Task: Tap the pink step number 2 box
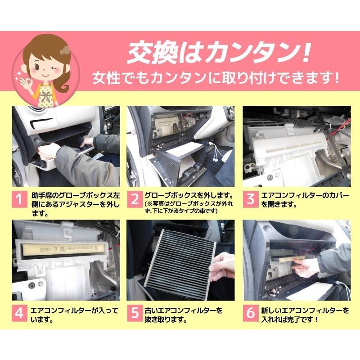[134, 200]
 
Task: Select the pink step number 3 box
[250, 200]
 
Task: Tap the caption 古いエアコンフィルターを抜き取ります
[183, 315]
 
